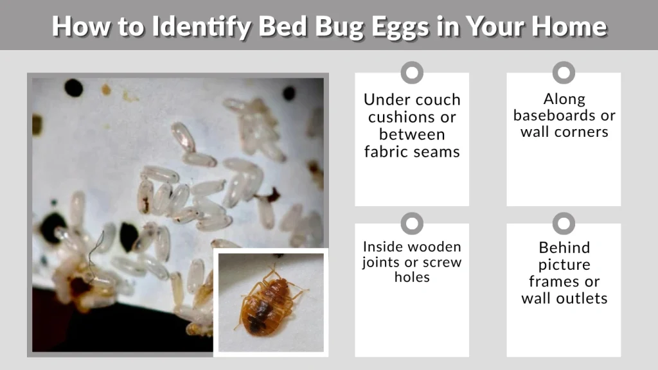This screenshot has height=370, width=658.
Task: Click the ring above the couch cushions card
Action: point(412,73)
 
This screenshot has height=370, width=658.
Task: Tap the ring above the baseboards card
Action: point(564,73)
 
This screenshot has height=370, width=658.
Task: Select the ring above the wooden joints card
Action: point(412,224)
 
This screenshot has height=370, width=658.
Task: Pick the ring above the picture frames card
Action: point(564,224)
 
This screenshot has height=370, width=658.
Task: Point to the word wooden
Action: point(435,247)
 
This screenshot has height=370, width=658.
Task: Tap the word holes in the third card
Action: point(412,277)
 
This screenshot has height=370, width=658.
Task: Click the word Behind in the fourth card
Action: point(564,247)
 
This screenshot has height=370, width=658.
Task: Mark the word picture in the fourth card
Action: point(564,265)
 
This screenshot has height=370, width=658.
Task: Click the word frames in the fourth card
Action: point(551,281)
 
